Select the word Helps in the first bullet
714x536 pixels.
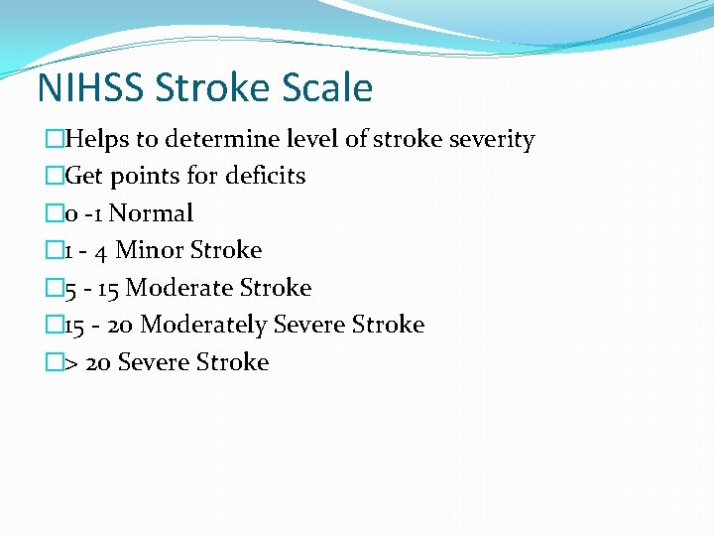(x=94, y=140)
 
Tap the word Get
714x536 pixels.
(x=84, y=177)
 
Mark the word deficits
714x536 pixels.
(x=266, y=177)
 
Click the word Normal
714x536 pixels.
(x=151, y=213)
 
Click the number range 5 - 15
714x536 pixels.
(x=91, y=288)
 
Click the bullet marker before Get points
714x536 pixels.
(x=54, y=177)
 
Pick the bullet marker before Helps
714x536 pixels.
(x=54, y=140)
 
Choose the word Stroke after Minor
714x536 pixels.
(x=229, y=250)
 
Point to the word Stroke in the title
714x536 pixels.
(x=208, y=88)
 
